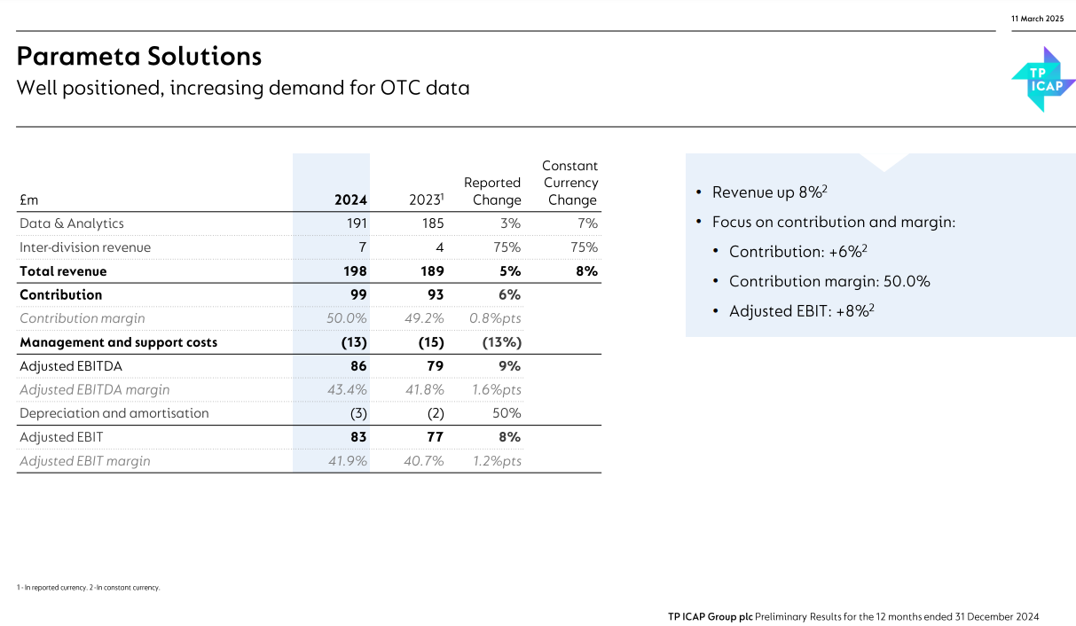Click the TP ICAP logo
point(1043,80)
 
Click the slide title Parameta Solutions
point(139,57)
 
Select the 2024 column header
point(350,200)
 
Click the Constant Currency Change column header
point(571,183)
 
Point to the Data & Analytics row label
point(72,223)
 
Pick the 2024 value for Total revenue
point(352,271)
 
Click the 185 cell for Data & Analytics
point(433,223)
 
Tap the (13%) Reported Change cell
point(501,342)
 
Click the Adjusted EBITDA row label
point(71,366)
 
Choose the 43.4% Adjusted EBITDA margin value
point(347,389)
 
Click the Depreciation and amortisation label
point(114,413)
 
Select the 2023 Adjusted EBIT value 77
point(435,437)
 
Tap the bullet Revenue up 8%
point(768,192)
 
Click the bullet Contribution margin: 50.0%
point(829,281)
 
